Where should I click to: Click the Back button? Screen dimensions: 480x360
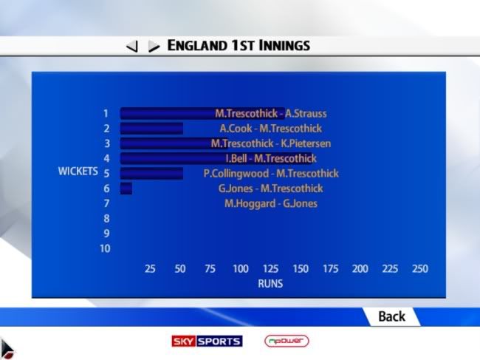(x=391, y=316)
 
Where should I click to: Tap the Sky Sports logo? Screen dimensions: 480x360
(x=207, y=341)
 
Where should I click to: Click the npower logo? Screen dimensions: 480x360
(x=287, y=341)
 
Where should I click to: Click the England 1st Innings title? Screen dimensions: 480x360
(x=239, y=46)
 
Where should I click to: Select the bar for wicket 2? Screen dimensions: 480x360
(x=151, y=129)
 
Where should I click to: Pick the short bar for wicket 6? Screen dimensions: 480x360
(x=126, y=189)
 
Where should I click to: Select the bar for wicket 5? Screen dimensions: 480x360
(x=151, y=174)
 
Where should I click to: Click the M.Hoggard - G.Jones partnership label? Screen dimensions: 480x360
(x=271, y=203)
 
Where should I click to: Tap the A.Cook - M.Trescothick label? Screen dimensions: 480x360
(x=270, y=129)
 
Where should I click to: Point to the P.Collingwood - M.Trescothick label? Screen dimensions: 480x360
(x=271, y=174)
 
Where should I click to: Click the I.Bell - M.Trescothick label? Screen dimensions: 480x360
(x=271, y=158)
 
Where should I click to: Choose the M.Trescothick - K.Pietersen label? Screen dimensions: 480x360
(x=271, y=143)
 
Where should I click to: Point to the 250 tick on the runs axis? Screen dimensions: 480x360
(x=420, y=268)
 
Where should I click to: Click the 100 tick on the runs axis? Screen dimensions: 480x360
(x=240, y=268)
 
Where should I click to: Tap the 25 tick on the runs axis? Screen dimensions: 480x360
(x=150, y=268)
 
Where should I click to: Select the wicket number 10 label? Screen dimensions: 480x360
(x=105, y=248)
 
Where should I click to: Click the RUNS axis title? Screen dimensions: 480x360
(x=270, y=284)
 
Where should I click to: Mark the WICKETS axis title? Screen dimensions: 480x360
(x=78, y=171)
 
